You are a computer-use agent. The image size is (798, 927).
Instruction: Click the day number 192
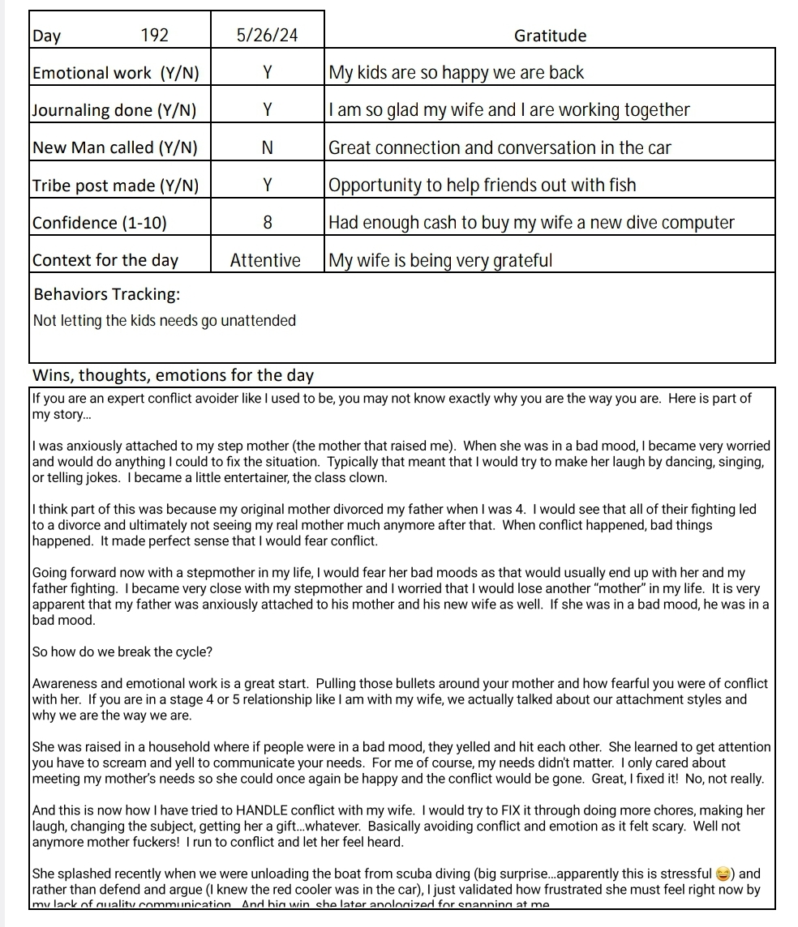pyautogui.click(x=154, y=36)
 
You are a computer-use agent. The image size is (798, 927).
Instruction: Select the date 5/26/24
pyautogui.click(x=267, y=36)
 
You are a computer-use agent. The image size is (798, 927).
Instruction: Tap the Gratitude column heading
pyautogui.click(x=550, y=36)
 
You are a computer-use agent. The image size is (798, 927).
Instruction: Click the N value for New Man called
pyautogui.click(x=267, y=147)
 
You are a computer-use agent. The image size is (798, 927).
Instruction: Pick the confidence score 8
pyautogui.click(x=267, y=223)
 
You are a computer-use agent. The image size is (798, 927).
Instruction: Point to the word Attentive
pyautogui.click(x=265, y=260)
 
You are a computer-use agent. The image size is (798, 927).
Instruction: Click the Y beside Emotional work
pyautogui.click(x=267, y=73)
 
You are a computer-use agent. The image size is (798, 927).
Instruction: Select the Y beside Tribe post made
pyautogui.click(x=267, y=186)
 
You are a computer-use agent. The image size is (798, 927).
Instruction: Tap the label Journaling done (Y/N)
pyautogui.click(x=114, y=110)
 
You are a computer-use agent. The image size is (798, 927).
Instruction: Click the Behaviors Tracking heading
pyautogui.click(x=107, y=293)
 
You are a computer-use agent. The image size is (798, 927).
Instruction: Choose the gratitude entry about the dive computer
pyautogui.click(x=531, y=223)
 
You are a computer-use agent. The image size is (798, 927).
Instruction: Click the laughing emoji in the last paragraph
pyautogui.click(x=723, y=874)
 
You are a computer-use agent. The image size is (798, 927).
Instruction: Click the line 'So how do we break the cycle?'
pyautogui.click(x=122, y=652)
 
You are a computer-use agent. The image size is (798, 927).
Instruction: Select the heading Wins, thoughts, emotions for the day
pyautogui.click(x=172, y=375)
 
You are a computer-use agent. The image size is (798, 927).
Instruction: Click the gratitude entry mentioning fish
pyautogui.click(x=482, y=186)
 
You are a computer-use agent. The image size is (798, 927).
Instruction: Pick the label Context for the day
pyautogui.click(x=105, y=260)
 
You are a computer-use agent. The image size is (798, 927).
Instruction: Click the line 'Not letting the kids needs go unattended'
pyautogui.click(x=165, y=321)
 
